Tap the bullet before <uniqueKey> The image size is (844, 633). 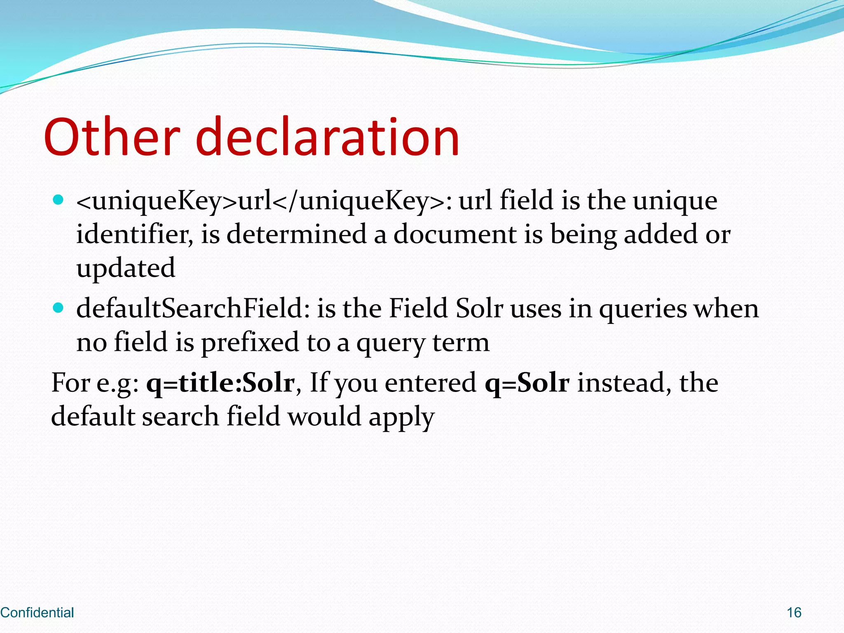click(59, 200)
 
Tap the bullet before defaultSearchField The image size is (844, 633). click(59, 308)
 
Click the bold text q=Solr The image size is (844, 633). click(527, 383)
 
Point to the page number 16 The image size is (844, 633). click(794, 612)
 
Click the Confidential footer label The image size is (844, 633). click(37, 612)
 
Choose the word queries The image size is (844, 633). click(643, 309)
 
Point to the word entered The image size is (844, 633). click(431, 383)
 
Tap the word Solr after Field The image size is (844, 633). click(479, 309)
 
